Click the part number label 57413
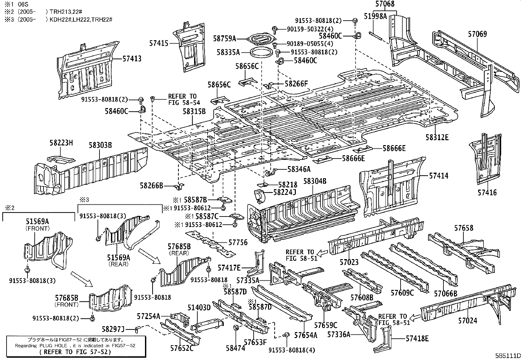coord(132,59)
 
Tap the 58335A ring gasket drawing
coord(261,52)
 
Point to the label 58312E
coord(437,137)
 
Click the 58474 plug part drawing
coord(235,329)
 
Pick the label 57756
coord(238,243)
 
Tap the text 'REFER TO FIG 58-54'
coord(182,99)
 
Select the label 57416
coord(487,192)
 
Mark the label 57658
coord(463,228)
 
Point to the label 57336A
coord(339,334)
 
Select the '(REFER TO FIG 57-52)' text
coord(75,352)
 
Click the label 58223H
coord(61,143)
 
